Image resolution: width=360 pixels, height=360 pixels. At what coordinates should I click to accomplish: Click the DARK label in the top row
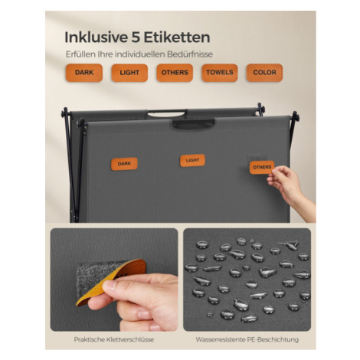click(x=84, y=73)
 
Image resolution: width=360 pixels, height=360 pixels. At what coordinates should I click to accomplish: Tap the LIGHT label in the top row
click(x=129, y=73)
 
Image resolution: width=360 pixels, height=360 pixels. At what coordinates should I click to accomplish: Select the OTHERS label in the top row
click(x=175, y=73)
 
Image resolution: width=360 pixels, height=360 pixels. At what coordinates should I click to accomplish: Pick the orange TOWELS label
click(x=220, y=73)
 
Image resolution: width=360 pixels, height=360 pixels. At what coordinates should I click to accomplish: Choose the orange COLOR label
click(x=264, y=73)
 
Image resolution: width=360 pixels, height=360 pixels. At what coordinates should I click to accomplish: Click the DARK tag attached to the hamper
click(x=124, y=164)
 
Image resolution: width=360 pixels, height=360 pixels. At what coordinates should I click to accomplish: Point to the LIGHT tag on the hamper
click(x=192, y=160)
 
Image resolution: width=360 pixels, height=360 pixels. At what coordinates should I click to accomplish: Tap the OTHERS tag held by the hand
click(x=262, y=168)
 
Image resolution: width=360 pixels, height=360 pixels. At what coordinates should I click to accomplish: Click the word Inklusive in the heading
click(x=96, y=38)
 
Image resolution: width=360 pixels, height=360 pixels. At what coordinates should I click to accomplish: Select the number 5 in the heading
click(x=136, y=38)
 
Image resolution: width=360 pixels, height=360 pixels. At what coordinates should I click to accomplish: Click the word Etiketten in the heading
click(x=177, y=38)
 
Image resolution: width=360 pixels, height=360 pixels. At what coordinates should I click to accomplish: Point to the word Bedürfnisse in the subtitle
click(x=190, y=54)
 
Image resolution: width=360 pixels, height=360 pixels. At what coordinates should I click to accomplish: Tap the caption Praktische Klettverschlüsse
click(x=114, y=339)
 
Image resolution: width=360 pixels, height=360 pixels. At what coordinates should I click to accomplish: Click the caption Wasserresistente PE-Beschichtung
click(x=247, y=339)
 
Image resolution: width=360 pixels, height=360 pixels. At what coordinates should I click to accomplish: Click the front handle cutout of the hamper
click(x=193, y=124)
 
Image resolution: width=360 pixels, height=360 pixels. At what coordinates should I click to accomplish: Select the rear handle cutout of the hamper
click(x=167, y=113)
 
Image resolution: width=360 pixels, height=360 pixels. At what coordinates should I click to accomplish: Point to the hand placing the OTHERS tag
click(x=291, y=188)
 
